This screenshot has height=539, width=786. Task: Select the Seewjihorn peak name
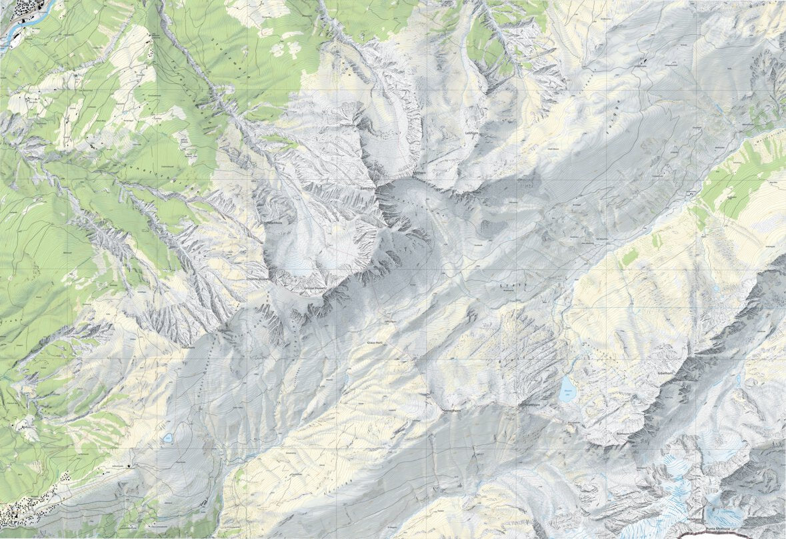[x=453, y=411]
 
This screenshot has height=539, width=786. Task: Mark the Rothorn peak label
[x=623, y=433]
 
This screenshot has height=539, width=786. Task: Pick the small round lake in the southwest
[x=168, y=438]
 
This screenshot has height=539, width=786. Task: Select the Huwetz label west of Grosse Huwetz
[x=257, y=279]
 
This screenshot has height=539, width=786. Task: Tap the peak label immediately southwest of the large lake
[x=527, y=404]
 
